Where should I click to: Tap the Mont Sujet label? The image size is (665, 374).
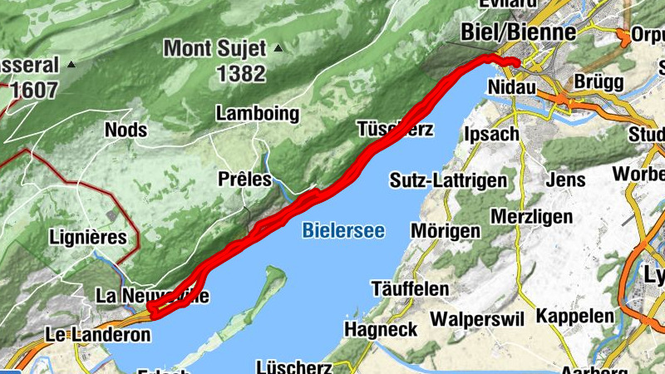pos(216,47)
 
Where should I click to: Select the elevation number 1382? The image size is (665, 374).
pos(241,73)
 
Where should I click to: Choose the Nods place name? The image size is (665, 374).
pos(126,130)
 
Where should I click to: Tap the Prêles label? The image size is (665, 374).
pos(244,179)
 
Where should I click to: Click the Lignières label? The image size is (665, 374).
pos(88,237)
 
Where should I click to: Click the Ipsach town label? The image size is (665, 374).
pos(491,133)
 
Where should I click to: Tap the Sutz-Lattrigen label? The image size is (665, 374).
pos(448,180)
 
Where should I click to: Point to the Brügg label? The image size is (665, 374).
pos(598,83)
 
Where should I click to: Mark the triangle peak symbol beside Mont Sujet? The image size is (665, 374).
pos(278,48)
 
